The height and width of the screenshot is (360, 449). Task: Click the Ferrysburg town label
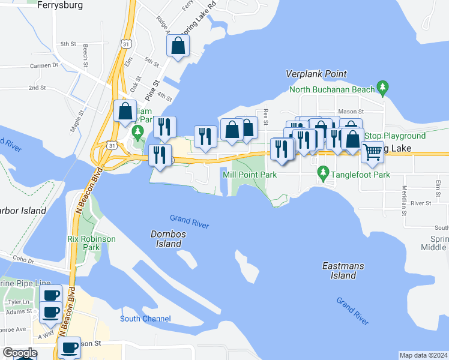[59, 5]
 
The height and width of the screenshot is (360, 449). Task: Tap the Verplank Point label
[316, 74]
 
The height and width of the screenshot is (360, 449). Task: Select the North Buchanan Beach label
[332, 89]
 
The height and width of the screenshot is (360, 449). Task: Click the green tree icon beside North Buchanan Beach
[382, 89]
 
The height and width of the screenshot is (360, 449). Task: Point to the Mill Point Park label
[250, 175]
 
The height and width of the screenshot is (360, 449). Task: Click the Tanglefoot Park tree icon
[323, 174]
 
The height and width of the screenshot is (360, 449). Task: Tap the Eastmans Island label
[339, 270]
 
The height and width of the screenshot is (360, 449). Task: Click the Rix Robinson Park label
[91, 242]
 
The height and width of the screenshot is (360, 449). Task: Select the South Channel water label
[145, 319]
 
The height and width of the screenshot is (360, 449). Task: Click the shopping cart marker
[372, 152]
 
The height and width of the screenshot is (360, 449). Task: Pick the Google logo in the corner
[19, 353]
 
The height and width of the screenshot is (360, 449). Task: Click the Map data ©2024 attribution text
[423, 355]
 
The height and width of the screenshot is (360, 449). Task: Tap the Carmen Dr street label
[47, 65]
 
